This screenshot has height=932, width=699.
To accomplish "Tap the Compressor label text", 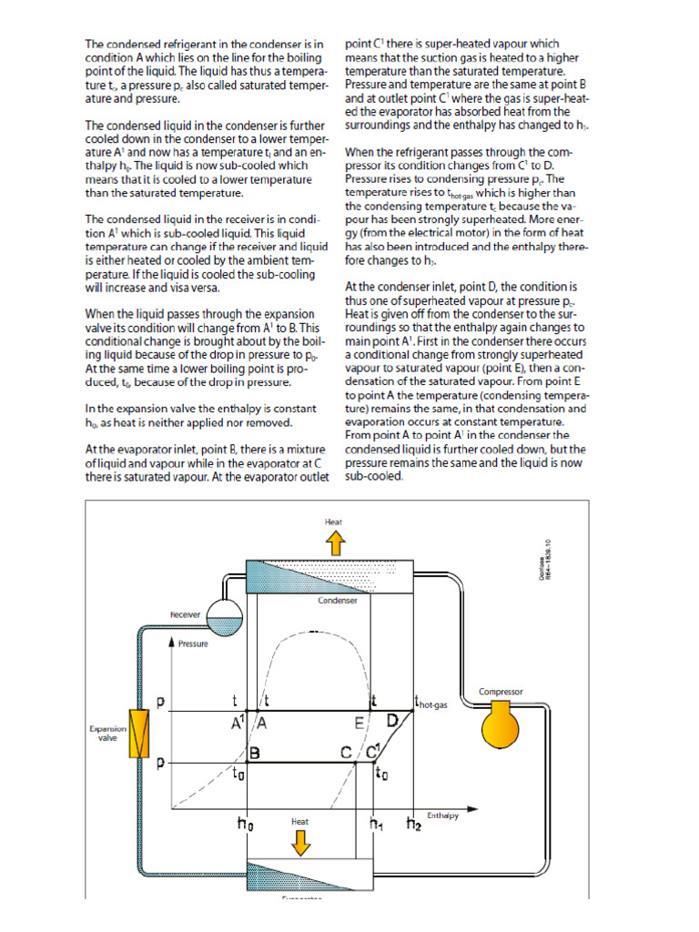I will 501,692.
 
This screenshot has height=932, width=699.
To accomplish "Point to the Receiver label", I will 185,614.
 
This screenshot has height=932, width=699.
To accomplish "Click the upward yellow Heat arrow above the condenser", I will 334,543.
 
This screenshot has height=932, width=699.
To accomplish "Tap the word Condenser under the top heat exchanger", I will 337,601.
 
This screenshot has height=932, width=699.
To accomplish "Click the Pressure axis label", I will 193,643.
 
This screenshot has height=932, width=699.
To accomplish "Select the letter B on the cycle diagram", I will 257,754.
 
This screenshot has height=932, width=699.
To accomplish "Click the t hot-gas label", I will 431,702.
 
